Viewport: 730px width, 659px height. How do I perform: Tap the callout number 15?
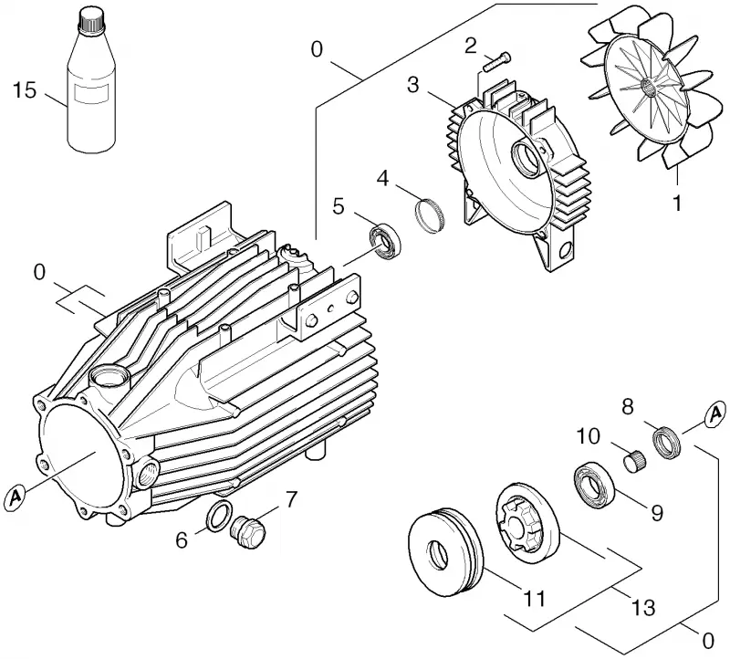(x=25, y=89)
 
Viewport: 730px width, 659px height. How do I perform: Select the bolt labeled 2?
(x=496, y=62)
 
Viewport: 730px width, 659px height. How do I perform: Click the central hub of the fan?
(x=649, y=86)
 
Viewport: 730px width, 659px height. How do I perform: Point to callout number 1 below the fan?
(x=678, y=203)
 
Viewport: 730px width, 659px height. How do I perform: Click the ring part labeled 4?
(x=429, y=214)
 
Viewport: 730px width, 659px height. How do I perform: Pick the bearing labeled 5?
(x=385, y=242)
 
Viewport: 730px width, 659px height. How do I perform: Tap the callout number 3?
(x=413, y=85)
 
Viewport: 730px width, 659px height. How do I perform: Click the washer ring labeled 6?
(x=218, y=516)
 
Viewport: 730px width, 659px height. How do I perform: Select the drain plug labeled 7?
(x=248, y=532)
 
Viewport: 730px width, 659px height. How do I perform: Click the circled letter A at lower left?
(x=16, y=496)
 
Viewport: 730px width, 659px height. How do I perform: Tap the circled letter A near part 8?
(x=714, y=414)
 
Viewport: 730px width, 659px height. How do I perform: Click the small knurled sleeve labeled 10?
(x=634, y=461)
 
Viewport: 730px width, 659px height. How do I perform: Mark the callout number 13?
(x=643, y=607)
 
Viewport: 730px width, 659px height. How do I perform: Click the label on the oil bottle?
(x=92, y=94)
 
